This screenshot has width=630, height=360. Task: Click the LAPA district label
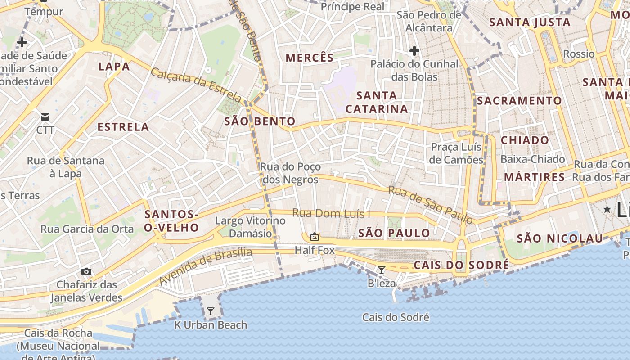(114, 67)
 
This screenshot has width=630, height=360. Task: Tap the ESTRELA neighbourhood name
(123, 127)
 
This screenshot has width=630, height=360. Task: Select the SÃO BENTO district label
(260, 121)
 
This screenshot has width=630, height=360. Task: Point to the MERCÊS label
(310, 58)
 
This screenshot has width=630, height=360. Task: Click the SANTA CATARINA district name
(377, 102)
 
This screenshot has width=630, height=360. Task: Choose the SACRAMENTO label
(519, 101)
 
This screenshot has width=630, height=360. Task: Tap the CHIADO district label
(525, 140)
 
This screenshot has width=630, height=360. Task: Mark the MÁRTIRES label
(534, 177)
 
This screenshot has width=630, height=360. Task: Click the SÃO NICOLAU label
(559, 238)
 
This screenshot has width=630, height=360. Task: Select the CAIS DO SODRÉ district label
(461, 265)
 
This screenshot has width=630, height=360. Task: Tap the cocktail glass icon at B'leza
(382, 270)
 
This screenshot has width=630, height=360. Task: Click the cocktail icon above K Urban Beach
(210, 311)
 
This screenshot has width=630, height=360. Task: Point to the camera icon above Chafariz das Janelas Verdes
(86, 271)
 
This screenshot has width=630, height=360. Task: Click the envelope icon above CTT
(45, 117)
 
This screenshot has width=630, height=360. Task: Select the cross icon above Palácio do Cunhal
(414, 51)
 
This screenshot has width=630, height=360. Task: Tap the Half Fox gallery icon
(314, 237)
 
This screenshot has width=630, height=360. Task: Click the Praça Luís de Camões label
(456, 153)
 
